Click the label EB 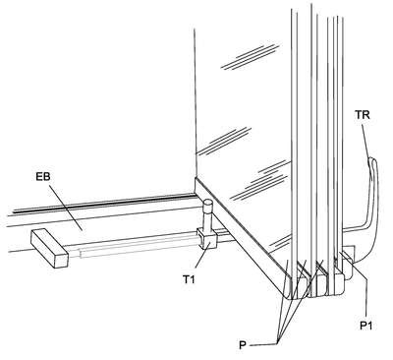[x=43, y=177]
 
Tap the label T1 [x=189, y=279]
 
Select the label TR [x=363, y=115]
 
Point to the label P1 [x=366, y=326]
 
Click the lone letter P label [x=243, y=345]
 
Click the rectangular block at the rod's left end [x=49, y=248]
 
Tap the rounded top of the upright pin [x=208, y=204]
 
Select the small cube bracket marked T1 [x=206, y=238]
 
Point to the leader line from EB [x=66, y=208]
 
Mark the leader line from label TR [x=365, y=138]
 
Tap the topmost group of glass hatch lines [x=250, y=56]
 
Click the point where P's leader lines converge [x=278, y=343]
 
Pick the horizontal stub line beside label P [x=263, y=344]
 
